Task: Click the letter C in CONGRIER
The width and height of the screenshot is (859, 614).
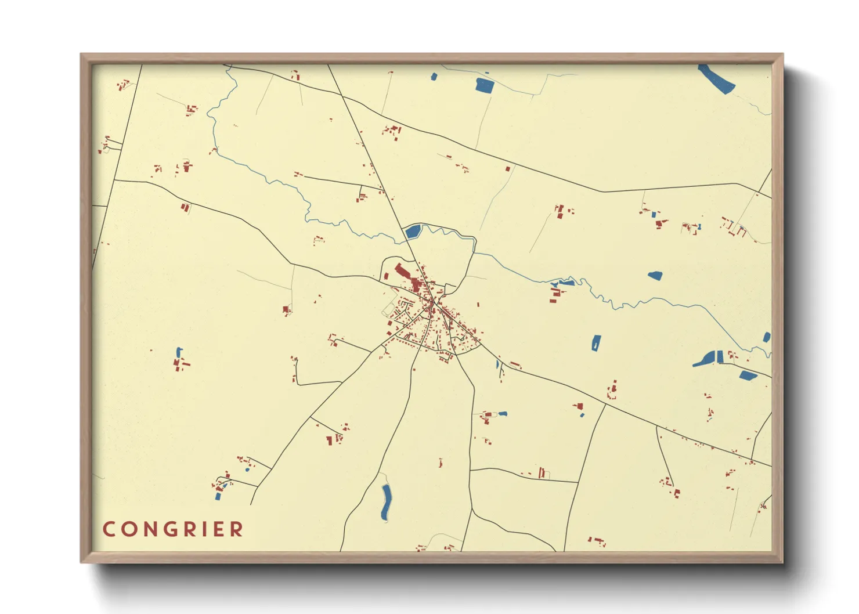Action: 109,529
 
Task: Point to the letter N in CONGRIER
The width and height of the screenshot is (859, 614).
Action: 142,529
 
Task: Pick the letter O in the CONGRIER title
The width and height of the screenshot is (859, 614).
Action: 125,529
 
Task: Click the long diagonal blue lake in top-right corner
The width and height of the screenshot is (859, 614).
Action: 716,79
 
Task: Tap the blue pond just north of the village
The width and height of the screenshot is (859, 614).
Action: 413,233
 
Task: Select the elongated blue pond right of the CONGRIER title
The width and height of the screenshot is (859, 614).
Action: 386,501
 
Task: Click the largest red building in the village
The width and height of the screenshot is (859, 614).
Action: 402,272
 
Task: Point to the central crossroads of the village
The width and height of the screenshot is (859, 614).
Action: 434,303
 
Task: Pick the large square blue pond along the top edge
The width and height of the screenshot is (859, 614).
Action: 484,85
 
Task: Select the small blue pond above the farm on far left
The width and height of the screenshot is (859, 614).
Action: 179,352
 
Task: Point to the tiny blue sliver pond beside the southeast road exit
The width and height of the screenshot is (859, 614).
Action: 497,364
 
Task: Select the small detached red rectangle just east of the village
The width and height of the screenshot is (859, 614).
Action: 478,304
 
